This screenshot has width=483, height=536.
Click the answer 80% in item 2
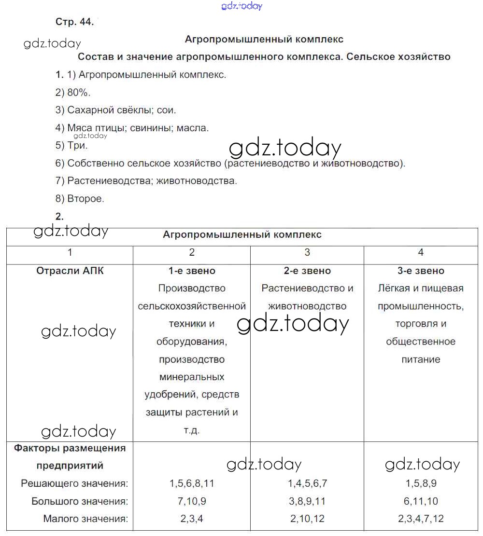tap(79, 93)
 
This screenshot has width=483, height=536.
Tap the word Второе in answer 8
tap(85, 198)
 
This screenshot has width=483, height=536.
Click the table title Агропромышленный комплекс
tap(242, 235)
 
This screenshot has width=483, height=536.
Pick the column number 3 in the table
tap(307, 252)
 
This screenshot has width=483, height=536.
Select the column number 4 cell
tap(421, 252)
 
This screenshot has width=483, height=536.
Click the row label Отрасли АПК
tap(70, 271)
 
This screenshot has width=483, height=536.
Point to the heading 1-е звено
tap(192, 271)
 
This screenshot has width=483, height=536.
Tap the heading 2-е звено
tap(307, 271)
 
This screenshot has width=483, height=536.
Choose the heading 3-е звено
tap(421, 271)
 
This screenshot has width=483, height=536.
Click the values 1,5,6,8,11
tap(192, 483)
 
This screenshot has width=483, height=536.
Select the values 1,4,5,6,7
tap(307, 483)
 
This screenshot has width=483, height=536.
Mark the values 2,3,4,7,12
tap(421, 519)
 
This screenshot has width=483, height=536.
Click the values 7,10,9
tap(192, 501)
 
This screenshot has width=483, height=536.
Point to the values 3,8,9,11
tap(307, 501)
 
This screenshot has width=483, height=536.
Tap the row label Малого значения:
tap(85, 519)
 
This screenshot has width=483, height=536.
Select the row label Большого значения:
tap(80, 501)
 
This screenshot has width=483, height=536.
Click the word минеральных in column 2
tap(192, 377)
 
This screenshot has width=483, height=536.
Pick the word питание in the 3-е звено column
tap(421, 359)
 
